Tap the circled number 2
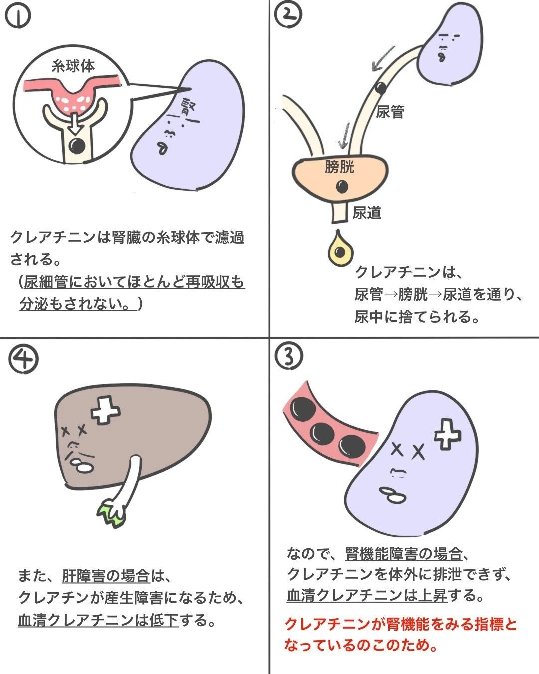(288, 15)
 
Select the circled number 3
(289, 357)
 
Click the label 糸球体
(73, 66)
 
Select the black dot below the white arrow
(77, 145)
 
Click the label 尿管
(390, 112)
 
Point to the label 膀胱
(340, 167)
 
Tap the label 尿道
(367, 213)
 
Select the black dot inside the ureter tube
(380, 88)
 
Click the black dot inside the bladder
(342, 187)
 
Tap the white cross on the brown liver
(105, 410)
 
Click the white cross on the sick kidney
(448, 435)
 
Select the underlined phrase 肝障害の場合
(106, 575)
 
